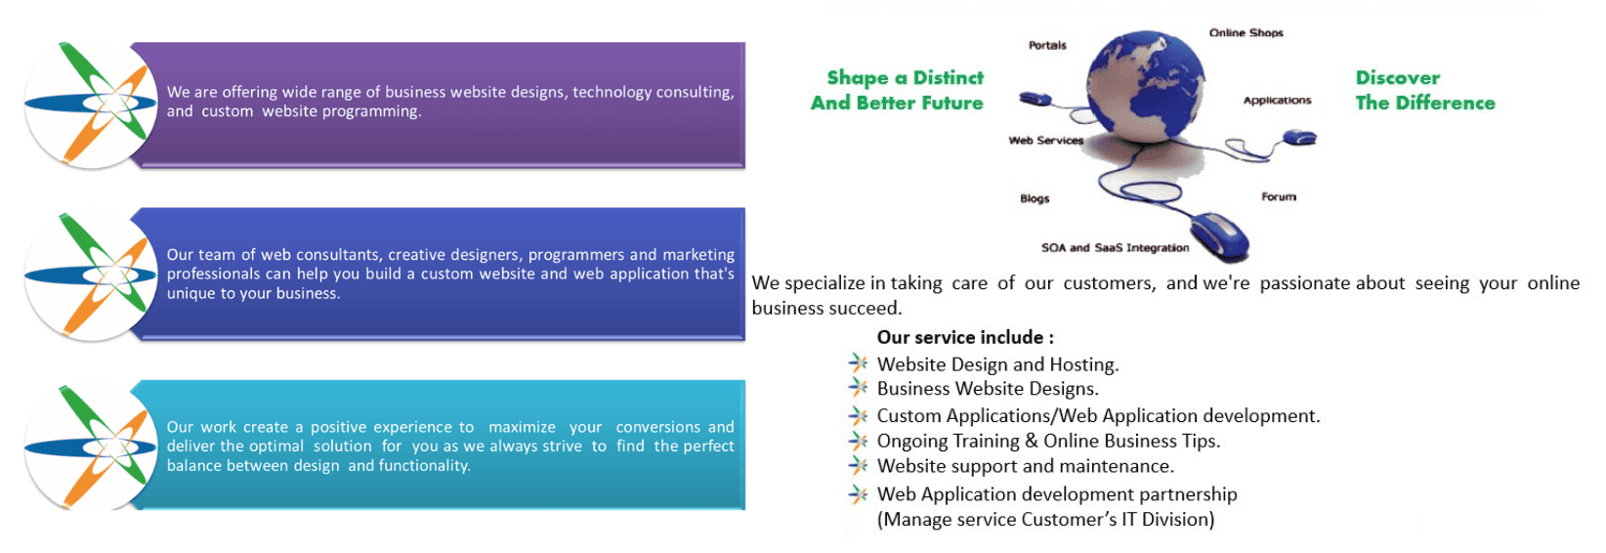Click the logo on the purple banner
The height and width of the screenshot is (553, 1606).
(91, 105)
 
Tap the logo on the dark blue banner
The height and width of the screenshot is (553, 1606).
(91, 276)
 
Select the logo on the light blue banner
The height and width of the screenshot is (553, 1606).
(91, 447)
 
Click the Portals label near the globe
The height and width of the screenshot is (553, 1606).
(1047, 45)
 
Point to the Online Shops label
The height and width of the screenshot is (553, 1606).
(1247, 33)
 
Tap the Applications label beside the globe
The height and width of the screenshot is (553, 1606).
(1277, 101)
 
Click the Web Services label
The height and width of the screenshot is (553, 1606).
(1046, 141)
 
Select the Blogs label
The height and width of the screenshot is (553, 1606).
(1035, 198)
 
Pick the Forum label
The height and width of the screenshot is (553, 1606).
(1279, 196)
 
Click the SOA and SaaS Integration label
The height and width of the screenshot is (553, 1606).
(1115, 247)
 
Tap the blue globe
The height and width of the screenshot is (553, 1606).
(1146, 85)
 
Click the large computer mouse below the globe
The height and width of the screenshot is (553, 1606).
(1219, 236)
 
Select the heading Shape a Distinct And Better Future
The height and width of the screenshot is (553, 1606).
(898, 90)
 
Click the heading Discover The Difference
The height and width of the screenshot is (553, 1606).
(1425, 90)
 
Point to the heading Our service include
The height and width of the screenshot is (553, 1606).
(965, 337)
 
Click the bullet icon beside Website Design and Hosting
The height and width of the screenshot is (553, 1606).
(859, 362)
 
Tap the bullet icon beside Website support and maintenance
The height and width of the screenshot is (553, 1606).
(859, 465)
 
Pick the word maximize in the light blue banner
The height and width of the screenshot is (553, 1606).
(522, 428)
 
